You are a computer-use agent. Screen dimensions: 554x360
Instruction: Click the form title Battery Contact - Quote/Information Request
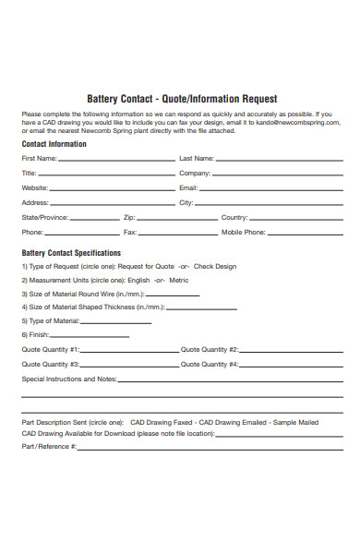pyautogui.click(x=181, y=99)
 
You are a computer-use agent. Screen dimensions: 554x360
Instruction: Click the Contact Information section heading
pyautogui.click(x=54, y=144)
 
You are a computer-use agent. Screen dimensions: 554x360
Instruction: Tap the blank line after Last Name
pyautogui.click(x=278, y=160)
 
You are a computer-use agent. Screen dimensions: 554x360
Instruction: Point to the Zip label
pyautogui.click(x=129, y=218)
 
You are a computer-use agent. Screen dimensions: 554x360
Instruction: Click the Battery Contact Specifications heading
pyautogui.click(x=71, y=252)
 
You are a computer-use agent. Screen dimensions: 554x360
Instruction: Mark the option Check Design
pyautogui.click(x=215, y=267)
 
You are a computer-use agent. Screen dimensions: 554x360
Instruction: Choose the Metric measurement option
pyautogui.click(x=179, y=281)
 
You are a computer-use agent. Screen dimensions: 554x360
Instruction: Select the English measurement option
pyautogui.click(x=138, y=281)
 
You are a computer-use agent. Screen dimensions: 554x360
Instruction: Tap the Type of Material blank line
pyautogui.click(x=127, y=321)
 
